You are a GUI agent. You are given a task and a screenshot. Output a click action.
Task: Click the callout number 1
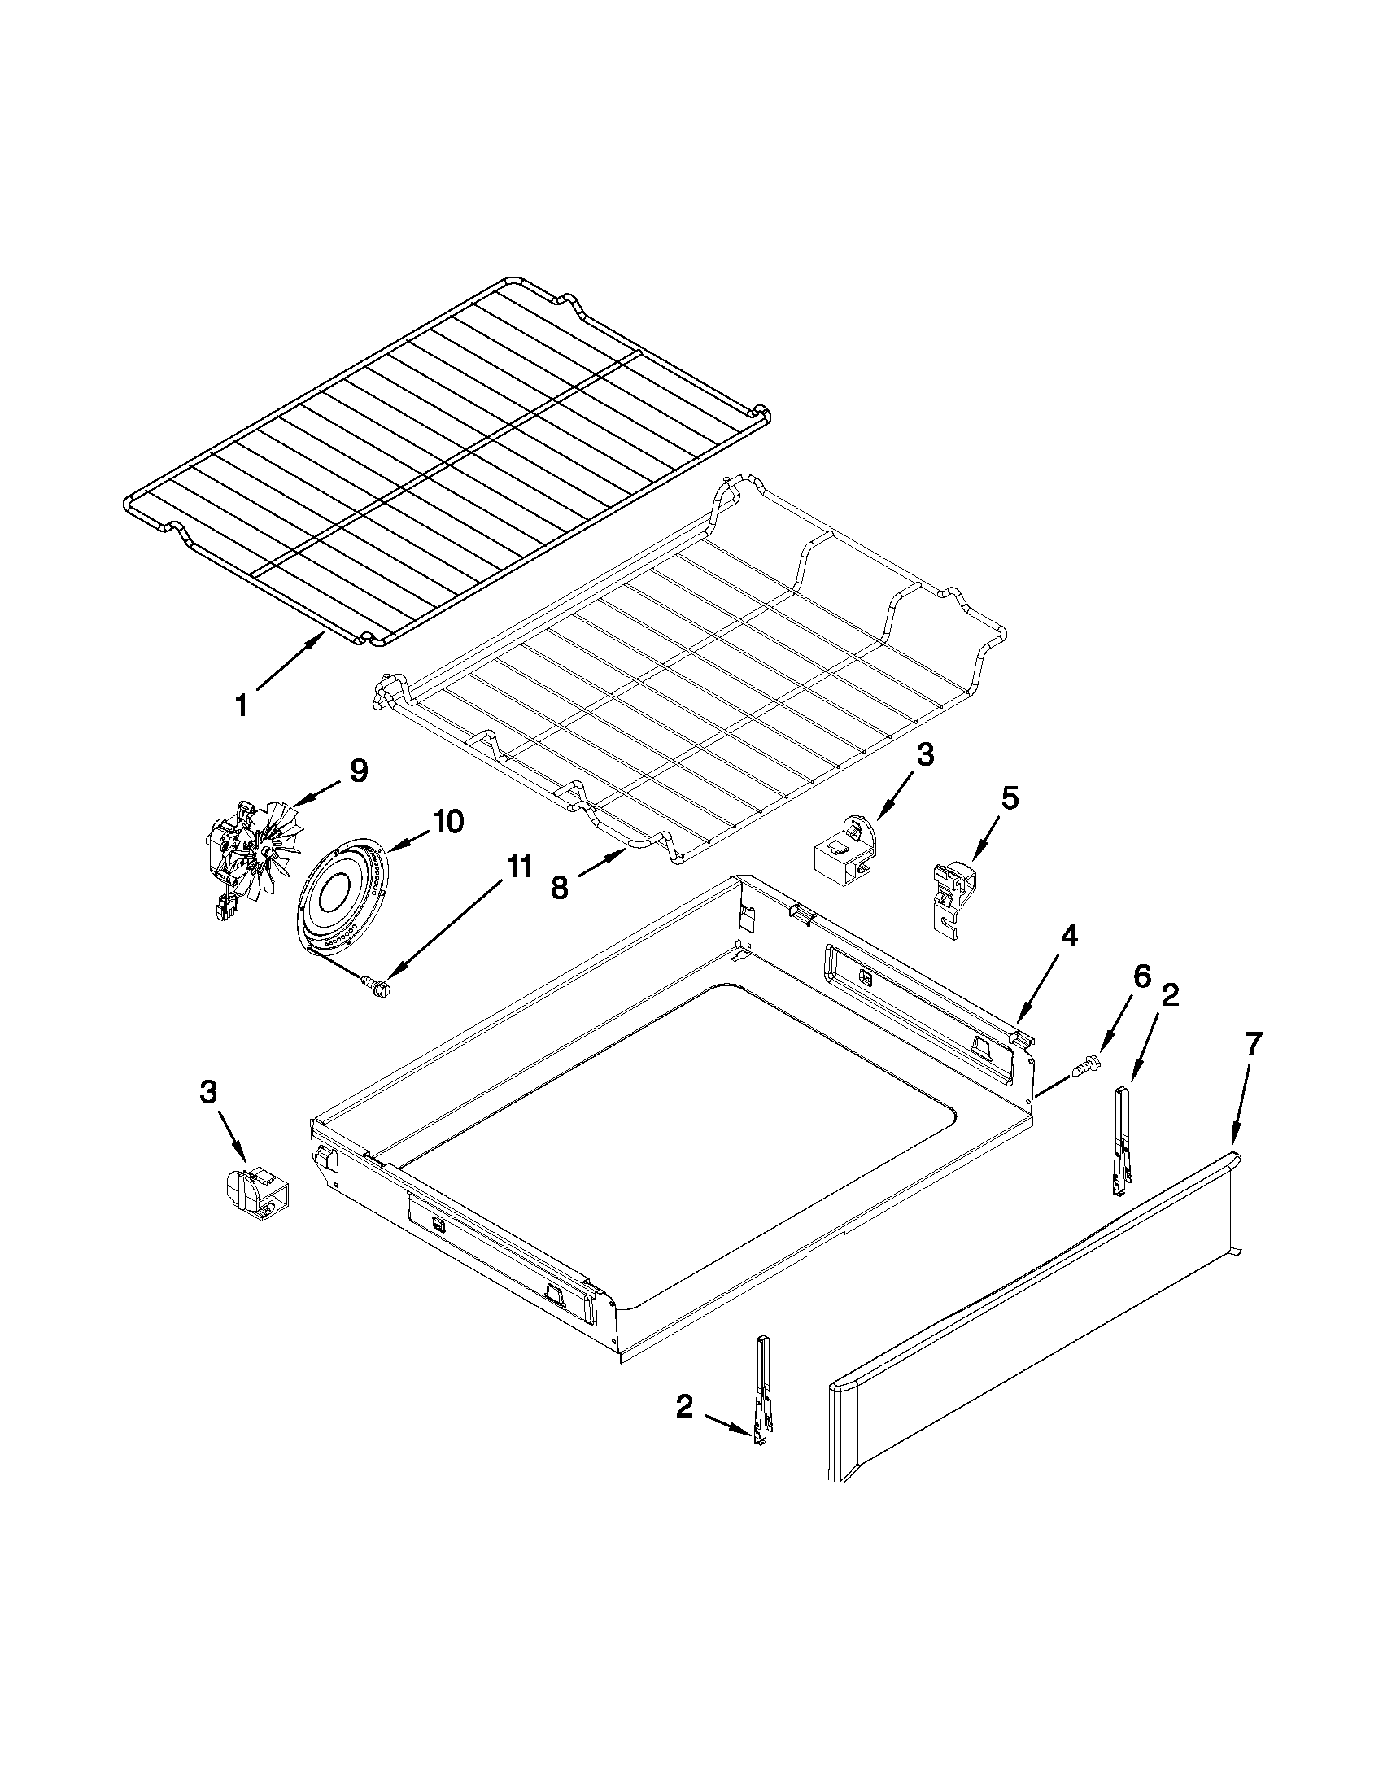tap(241, 705)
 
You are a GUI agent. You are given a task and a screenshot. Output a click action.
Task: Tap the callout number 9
tap(358, 771)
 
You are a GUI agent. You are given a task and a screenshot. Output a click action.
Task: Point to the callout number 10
tap(447, 821)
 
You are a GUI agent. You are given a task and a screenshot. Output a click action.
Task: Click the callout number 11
tap(517, 867)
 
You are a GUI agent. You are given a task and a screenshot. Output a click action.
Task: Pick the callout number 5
tap(1010, 799)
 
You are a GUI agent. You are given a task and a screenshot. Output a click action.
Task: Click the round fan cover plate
tap(342, 898)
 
